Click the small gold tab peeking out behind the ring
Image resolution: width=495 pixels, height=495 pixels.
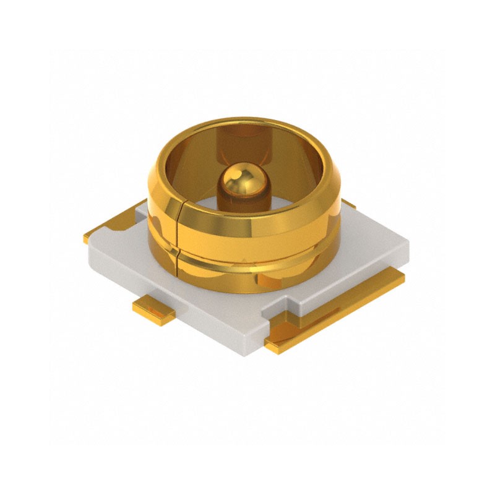click(348, 204)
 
